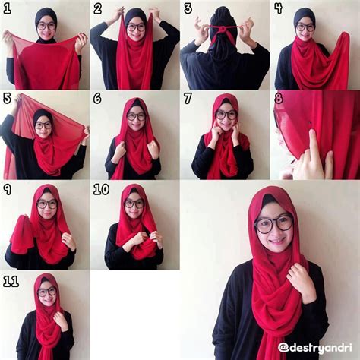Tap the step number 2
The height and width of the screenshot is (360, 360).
pos(97,9)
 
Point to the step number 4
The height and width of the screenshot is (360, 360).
pos(278,9)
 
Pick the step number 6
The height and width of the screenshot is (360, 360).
pos(97,98)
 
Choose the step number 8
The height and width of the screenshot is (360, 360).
pos(278,98)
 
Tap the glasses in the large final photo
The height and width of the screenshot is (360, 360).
pos(273,223)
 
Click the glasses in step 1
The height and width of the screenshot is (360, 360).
pos(46,26)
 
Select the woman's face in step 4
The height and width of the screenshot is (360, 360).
pos(305,28)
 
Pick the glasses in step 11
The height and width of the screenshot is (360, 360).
pos(46,291)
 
